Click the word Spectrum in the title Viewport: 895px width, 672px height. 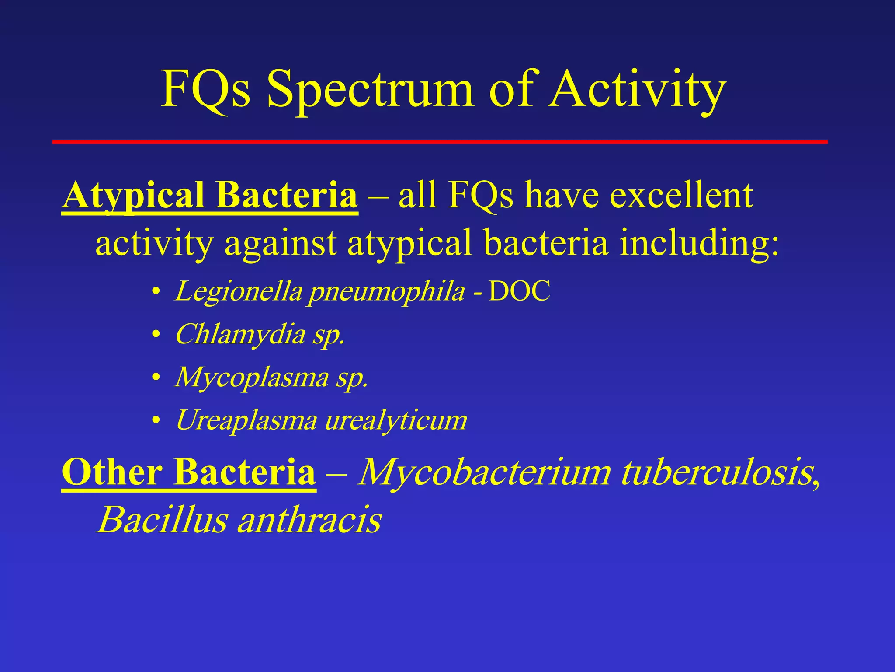370,90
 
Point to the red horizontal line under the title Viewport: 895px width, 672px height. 440,142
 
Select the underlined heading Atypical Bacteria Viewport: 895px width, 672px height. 210,196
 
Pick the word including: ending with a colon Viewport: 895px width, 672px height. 699,243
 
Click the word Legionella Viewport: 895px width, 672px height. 239,291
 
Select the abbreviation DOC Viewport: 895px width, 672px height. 519,291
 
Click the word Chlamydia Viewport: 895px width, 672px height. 240,335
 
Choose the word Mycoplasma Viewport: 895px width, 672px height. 252,378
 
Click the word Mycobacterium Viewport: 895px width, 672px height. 484,472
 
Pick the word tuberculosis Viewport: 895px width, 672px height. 717,472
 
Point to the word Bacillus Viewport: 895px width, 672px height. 162,520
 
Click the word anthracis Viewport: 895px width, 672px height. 309,520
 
